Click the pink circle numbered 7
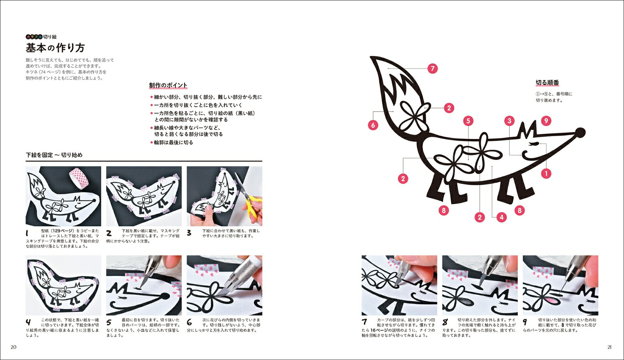click(433, 69)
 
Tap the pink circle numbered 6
click(373, 125)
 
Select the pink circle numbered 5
click(468, 121)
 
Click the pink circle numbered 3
click(509, 121)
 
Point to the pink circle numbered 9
click(546, 121)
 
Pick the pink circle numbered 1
click(546, 174)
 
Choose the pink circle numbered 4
click(502, 217)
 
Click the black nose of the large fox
click(580, 133)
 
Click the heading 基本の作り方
click(55, 48)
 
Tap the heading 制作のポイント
click(168, 85)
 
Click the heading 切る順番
click(548, 83)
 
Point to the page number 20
click(13, 347)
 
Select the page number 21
click(610, 347)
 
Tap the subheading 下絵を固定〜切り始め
click(54, 155)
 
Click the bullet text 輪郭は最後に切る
click(174, 143)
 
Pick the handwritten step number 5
click(109, 323)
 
